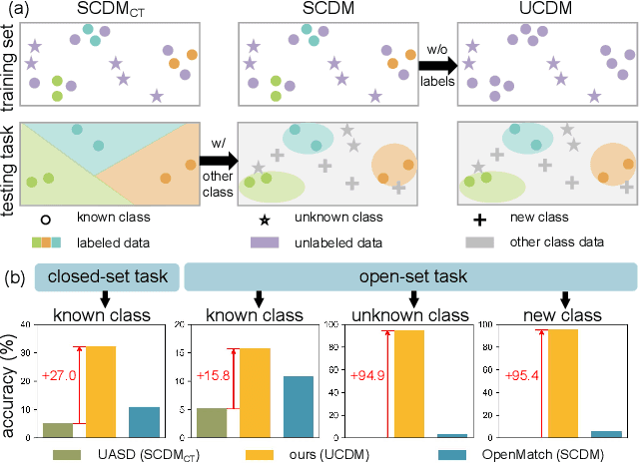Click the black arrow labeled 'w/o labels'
click(x=435, y=68)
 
